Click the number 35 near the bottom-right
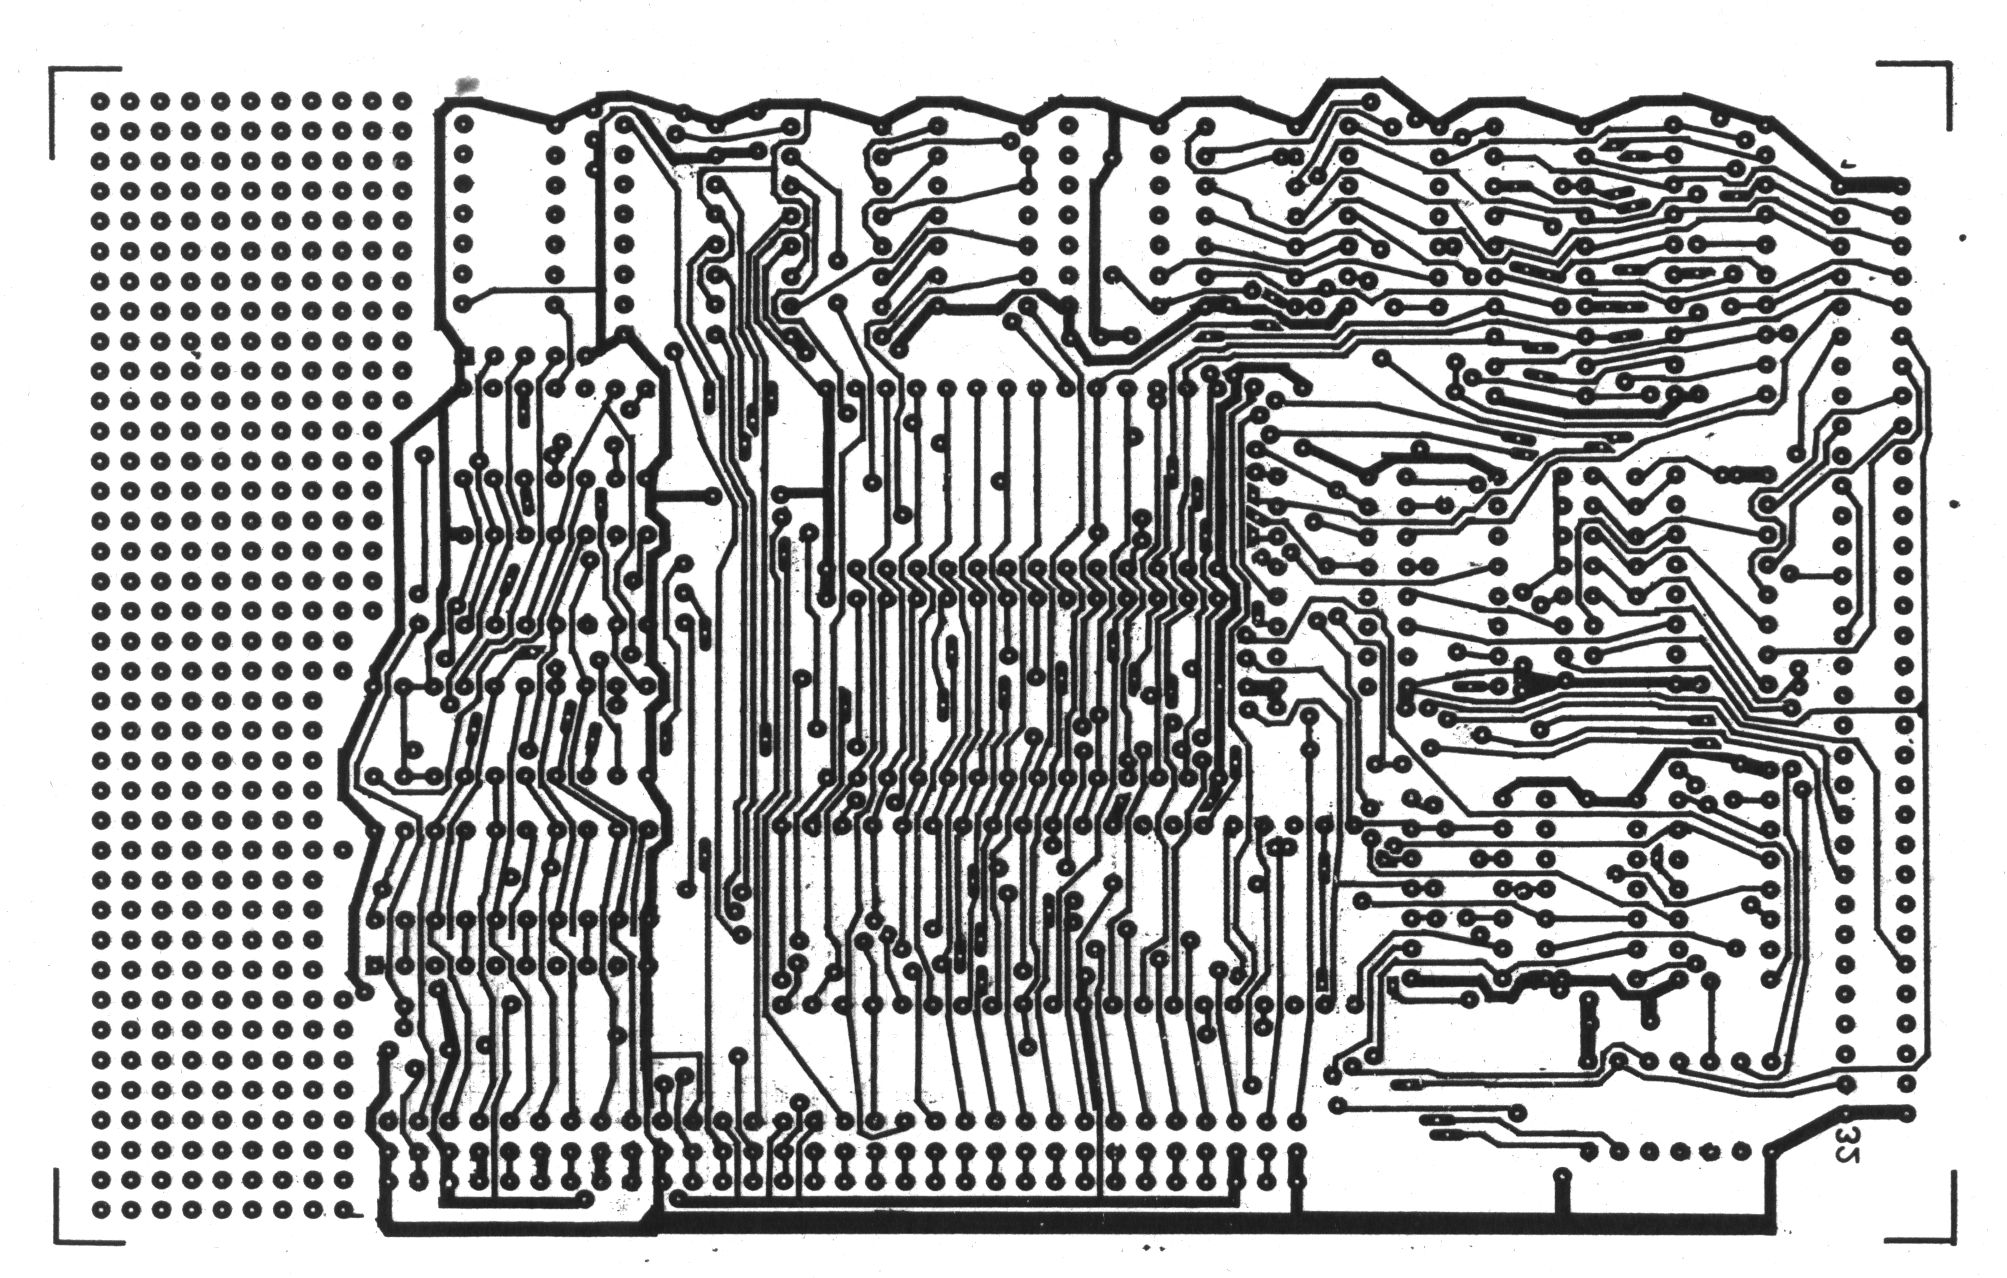tap(1847, 1140)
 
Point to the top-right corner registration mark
tap(1940, 75)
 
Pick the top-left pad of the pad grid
tap(101, 101)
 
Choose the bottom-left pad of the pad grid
tap(101, 1212)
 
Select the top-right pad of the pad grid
tap(403, 101)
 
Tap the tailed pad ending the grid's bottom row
tap(345, 1213)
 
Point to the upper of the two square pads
tap(464, 356)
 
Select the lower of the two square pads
tap(374, 965)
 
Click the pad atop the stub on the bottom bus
tap(1561, 1174)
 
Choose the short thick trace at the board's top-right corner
tap(1870, 185)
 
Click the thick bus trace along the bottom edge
tap(1000, 1223)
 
